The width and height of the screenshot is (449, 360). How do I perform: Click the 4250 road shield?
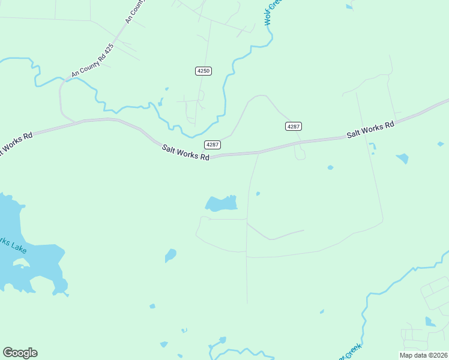click(203, 71)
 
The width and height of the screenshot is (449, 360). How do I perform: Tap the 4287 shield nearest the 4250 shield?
click(212, 145)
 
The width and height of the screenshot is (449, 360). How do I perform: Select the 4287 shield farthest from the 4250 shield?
click(293, 126)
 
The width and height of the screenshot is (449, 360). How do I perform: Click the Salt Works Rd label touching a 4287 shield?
click(185, 152)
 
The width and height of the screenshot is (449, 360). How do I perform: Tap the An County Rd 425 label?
click(92, 61)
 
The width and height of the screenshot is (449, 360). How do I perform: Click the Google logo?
click(20, 353)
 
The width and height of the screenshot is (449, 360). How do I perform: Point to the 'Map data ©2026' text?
click(424, 355)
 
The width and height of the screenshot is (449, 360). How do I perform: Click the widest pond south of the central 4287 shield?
click(221, 204)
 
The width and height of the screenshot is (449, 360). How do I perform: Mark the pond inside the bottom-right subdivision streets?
click(430, 322)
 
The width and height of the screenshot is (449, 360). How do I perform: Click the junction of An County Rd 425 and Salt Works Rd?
click(77, 122)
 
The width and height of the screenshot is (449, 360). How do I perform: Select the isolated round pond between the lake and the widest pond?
click(171, 256)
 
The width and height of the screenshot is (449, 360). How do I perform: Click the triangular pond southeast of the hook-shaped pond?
click(402, 158)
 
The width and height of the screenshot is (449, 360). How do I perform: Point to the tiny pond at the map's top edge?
click(349, 7)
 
